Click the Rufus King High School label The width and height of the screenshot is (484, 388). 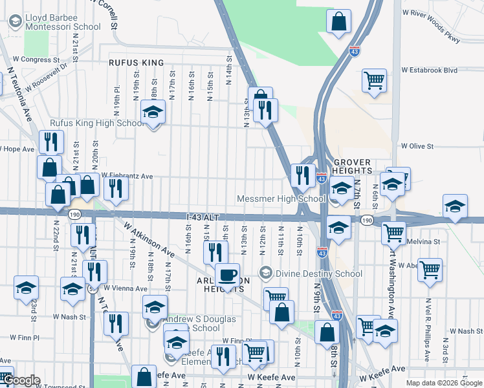[97, 124]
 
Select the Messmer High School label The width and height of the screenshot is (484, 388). [281, 199]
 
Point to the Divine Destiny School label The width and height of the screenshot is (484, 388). [303, 272]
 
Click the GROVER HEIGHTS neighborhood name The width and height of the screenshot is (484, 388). [352, 166]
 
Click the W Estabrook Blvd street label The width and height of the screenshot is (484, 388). [429, 70]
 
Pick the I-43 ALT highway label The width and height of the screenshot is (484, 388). [208, 218]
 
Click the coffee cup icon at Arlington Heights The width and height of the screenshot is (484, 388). [227, 275]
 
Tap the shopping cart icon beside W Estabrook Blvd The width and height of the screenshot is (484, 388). [374, 80]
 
